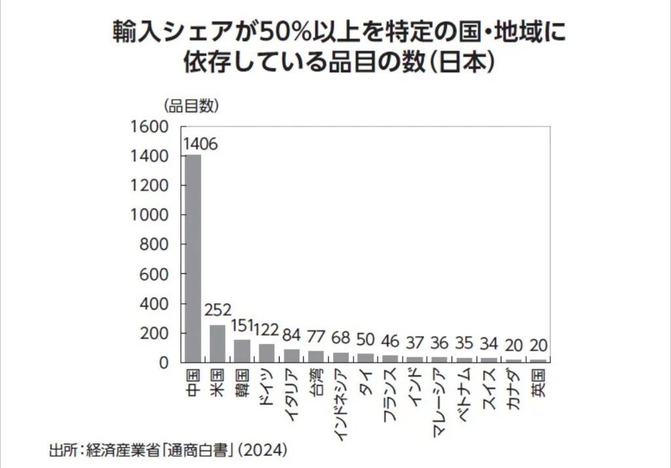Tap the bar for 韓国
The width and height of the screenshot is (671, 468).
(242, 350)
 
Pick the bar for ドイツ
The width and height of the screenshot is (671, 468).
(266, 352)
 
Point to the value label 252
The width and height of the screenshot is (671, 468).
(218, 310)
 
